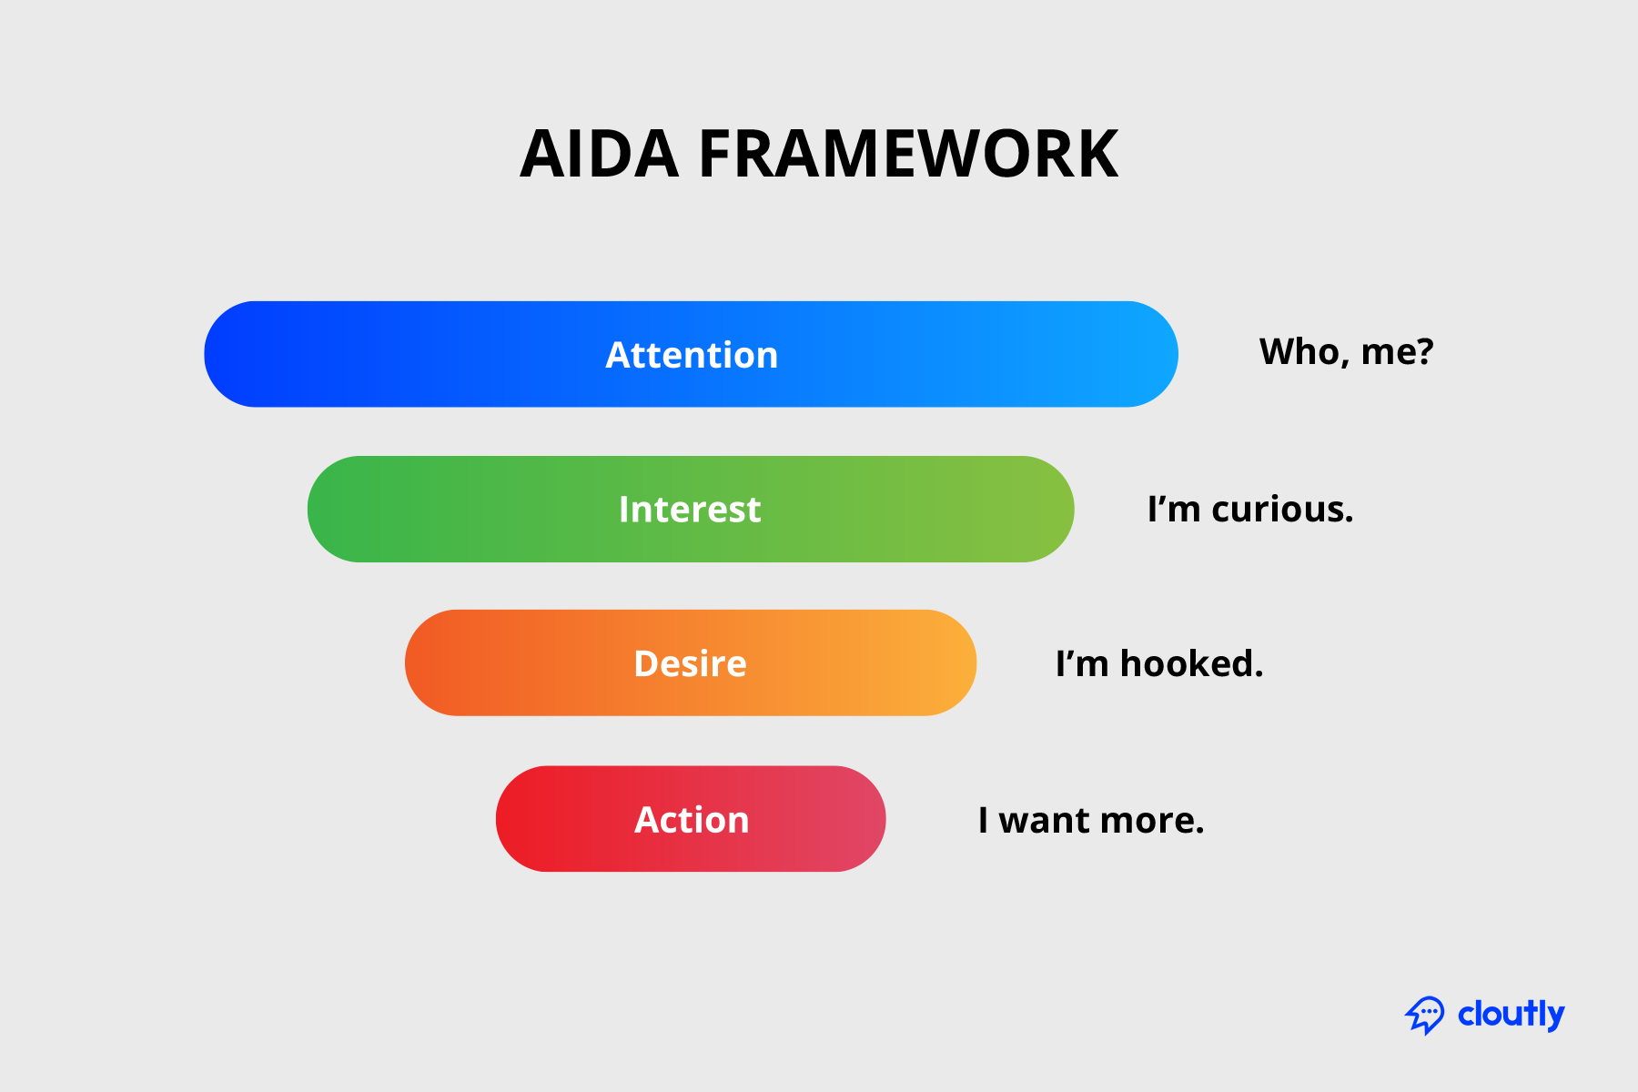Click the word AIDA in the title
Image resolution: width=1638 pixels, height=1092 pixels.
click(x=599, y=155)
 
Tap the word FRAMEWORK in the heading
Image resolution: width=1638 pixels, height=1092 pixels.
click(x=908, y=155)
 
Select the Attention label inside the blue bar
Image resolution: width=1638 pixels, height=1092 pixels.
click(x=692, y=355)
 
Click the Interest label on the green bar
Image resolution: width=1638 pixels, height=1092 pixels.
click(x=690, y=510)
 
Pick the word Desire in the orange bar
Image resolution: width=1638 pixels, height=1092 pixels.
click(x=690, y=663)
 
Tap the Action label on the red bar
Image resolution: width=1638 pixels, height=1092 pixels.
click(x=692, y=820)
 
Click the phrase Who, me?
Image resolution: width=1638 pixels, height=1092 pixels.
click(x=1346, y=352)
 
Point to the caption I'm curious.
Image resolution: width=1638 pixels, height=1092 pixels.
click(x=1250, y=510)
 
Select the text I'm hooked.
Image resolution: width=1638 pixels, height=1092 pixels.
click(x=1159, y=664)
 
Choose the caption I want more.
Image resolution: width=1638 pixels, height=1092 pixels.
click(x=1091, y=821)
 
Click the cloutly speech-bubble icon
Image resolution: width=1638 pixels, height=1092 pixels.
click(x=1424, y=1015)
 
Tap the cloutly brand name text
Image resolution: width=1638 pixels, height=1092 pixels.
click(x=1511, y=1014)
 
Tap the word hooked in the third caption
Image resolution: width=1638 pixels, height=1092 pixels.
click(x=1191, y=664)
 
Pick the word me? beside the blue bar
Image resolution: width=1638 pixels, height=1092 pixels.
click(x=1397, y=352)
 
